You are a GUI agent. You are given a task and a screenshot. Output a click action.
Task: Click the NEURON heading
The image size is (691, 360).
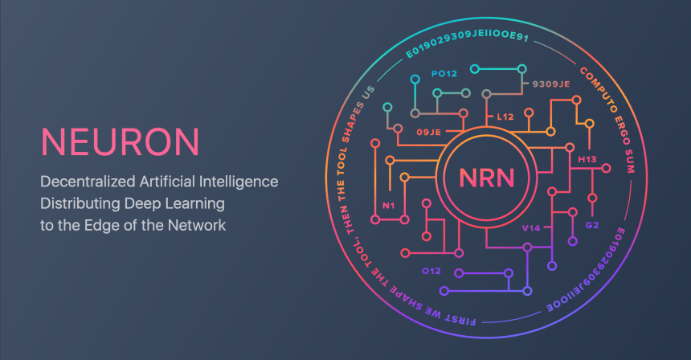120,141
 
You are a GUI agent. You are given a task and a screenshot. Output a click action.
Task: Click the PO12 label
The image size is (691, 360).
444,74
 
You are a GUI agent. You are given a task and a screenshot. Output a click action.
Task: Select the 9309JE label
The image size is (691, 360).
550,84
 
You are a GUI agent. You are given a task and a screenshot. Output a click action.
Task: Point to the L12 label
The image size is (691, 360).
505,117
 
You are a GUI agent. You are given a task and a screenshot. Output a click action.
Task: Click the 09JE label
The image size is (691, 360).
428,131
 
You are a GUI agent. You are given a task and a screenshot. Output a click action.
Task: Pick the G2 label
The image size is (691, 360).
592,226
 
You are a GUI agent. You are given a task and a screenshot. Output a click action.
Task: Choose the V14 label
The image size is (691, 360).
531,228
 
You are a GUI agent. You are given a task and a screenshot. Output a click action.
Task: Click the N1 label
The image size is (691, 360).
388,205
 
